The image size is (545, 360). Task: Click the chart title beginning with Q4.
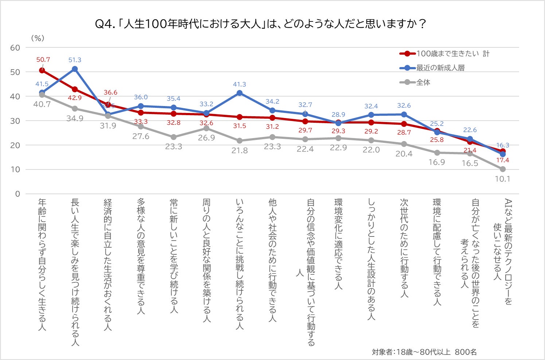click(x=260, y=24)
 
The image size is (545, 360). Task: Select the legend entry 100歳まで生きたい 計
click(x=452, y=54)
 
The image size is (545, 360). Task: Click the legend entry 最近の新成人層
click(x=440, y=68)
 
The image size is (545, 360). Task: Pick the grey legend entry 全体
click(x=423, y=82)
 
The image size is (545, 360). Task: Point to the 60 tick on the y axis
click(x=15, y=48)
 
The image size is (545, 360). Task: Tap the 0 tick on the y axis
click(x=17, y=194)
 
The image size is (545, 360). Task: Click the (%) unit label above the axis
click(x=37, y=38)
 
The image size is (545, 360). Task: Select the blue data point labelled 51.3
click(x=75, y=69)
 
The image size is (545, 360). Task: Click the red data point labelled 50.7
click(x=42, y=70)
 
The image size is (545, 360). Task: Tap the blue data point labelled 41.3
click(x=240, y=93)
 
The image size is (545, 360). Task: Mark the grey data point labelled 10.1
click(x=503, y=169)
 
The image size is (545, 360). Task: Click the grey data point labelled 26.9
click(x=206, y=128)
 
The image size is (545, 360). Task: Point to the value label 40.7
click(x=42, y=104)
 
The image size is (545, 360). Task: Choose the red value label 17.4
click(x=502, y=160)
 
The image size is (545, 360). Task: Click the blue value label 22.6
click(x=470, y=130)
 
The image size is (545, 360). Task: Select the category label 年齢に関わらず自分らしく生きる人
click(x=42, y=265)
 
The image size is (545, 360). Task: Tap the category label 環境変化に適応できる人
click(x=338, y=244)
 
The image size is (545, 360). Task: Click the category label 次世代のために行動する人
click(x=404, y=248)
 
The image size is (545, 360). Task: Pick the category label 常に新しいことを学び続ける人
click(x=174, y=255)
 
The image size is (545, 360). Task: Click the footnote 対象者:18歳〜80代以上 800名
click(x=424, y=352)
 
